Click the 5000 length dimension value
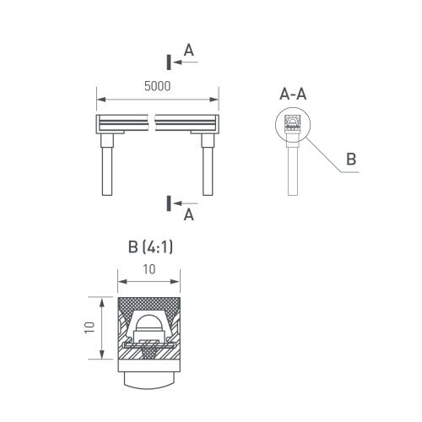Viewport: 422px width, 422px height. point(157,86)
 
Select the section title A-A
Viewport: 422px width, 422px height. point(293,94)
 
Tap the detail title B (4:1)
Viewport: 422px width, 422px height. point(150,247)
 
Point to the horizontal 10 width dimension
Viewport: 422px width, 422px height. point(149,269)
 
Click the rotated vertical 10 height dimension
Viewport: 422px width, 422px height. point(89,327)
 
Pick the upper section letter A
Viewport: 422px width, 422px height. point(189,51)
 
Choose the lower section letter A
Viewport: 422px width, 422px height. point(189,215)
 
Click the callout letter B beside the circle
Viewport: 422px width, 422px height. point(351,159)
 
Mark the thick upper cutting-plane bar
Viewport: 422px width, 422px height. point(169,62)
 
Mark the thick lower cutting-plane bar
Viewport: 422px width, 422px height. point(169,203)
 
